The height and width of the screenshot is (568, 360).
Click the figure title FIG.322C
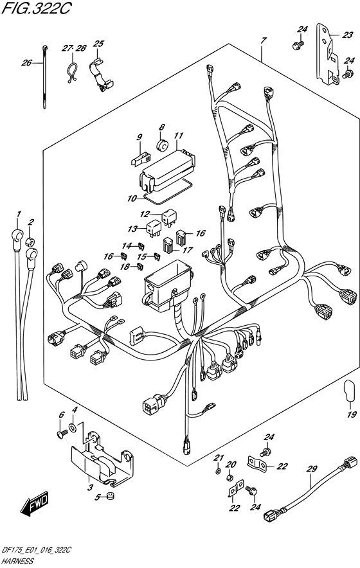pos(31,8)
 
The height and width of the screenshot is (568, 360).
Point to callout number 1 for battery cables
pos(19,213)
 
